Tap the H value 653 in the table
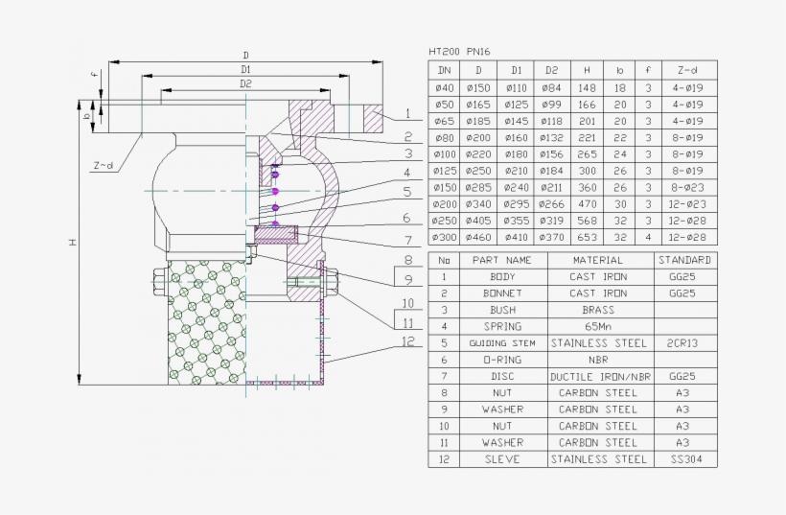[x=587, y=237]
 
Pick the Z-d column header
[x=687, y=70]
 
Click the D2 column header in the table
[x=551, y=70]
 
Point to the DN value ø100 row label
[x=445, y=153]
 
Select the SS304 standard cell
[x=684, y=459]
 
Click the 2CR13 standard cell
[x=684, y=342]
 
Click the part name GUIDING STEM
[x=502, y=342]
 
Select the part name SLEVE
[x=502, y=459]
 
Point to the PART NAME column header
[x=502, y=260]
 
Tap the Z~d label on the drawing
[x=103, y=166]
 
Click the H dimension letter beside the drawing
[x=71, y=244]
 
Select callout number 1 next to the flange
[x=406, y=114]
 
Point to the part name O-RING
[x=502, y=360]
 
